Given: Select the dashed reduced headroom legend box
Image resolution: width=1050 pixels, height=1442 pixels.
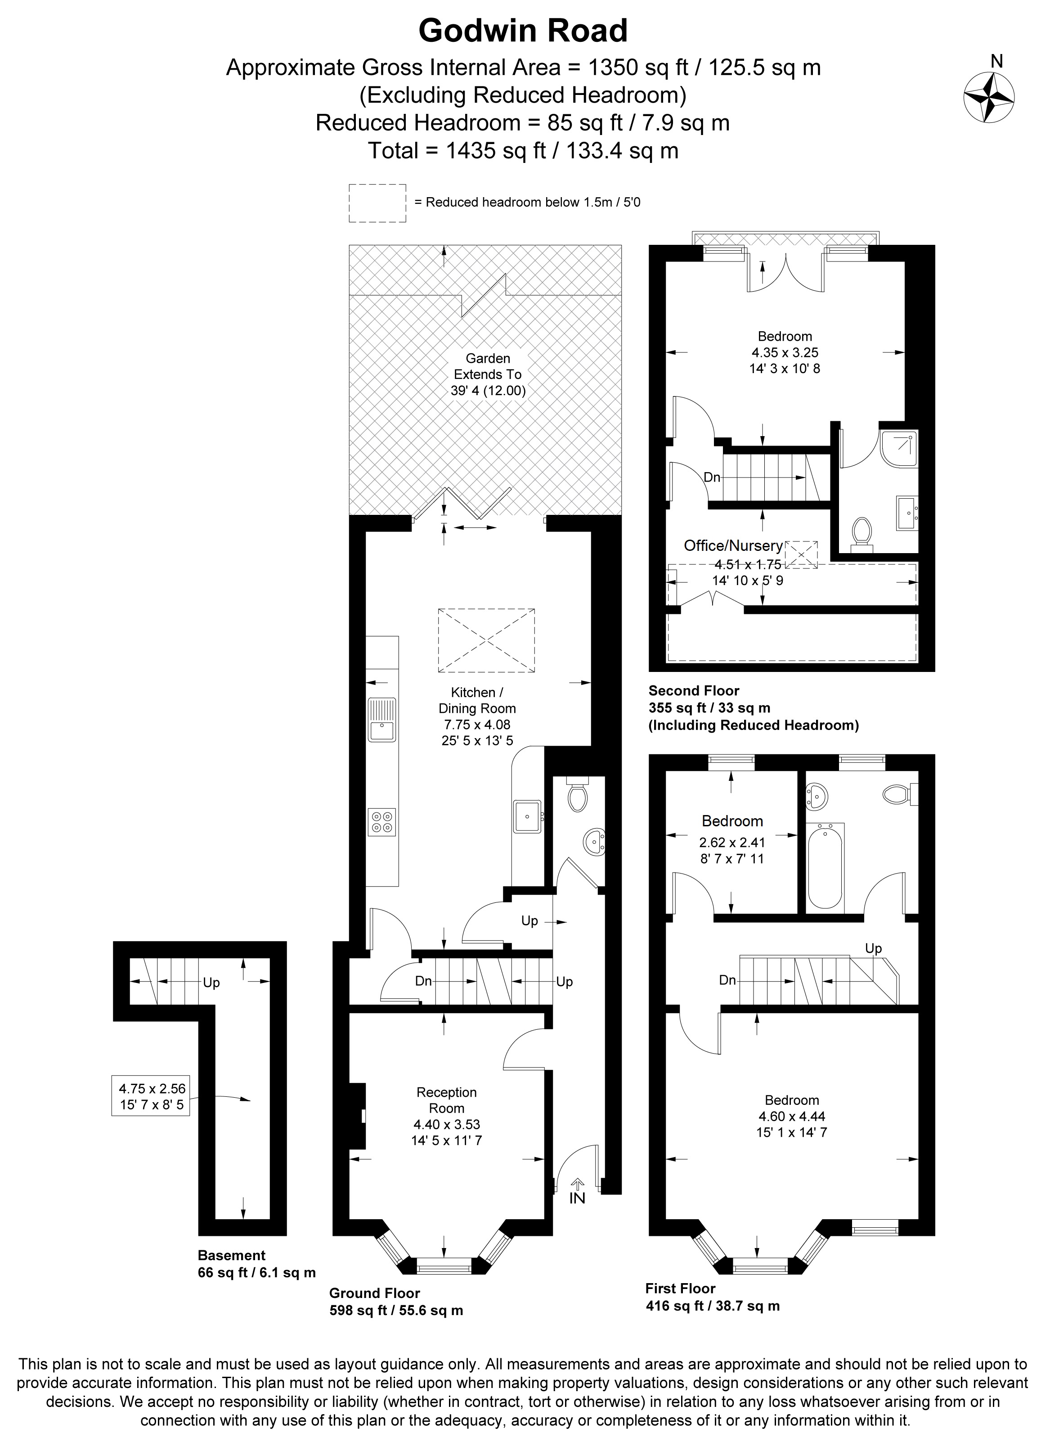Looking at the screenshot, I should coord(377,203).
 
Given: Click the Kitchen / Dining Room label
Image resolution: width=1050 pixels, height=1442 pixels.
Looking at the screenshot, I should coord(477,700).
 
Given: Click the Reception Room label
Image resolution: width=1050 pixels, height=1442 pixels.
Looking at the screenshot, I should coord(446,1100).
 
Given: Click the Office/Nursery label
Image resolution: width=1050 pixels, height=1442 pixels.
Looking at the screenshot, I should coord(733,545).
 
